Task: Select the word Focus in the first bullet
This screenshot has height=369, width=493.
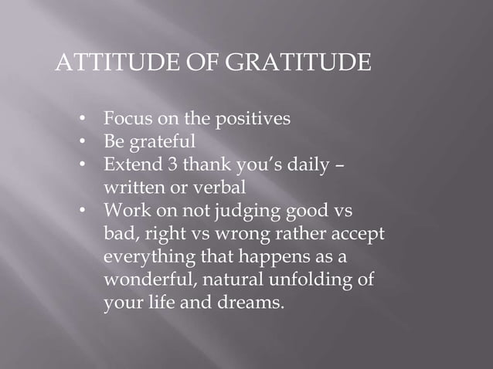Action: [x=127, y=120]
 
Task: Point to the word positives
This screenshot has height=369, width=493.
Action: [x=253, y=120]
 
